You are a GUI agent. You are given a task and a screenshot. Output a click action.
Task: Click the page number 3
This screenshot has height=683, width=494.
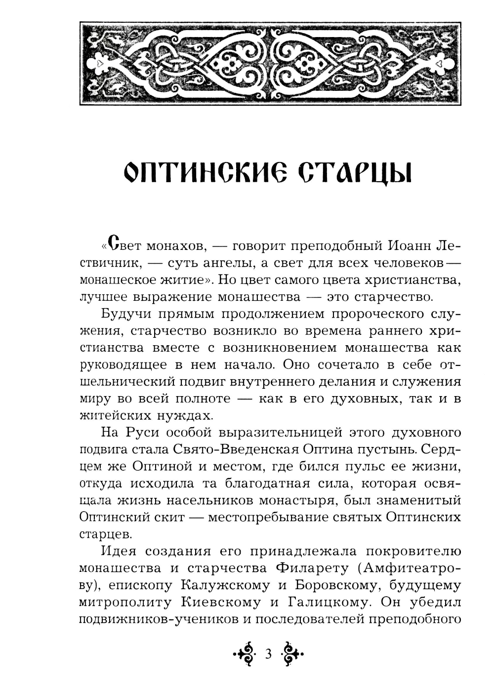coord(269,654)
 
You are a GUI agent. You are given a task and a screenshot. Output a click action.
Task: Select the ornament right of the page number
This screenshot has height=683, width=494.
coord(292,654)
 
